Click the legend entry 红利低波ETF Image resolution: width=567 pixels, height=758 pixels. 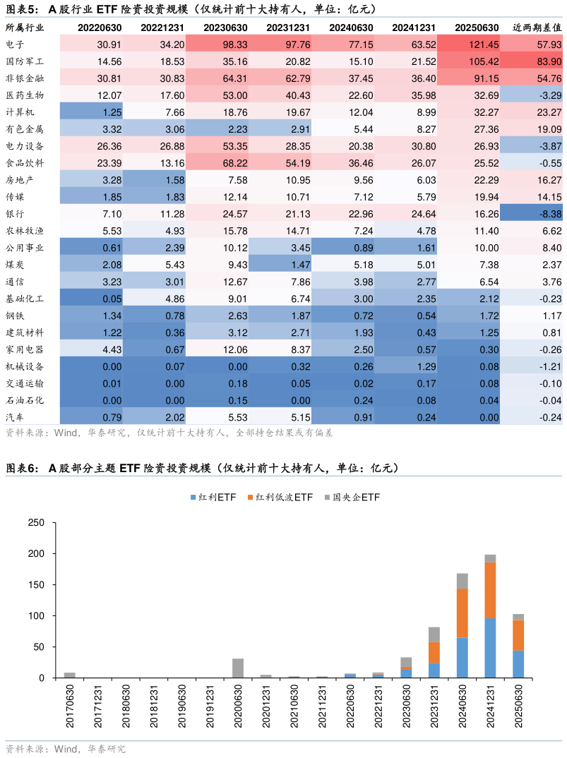pyautogui.click(x=280, y=498)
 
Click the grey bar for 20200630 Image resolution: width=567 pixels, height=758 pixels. pyautogui.click(x=238, y=668)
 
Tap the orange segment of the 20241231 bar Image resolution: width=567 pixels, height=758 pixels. pyautogui.click(x=490, y=590)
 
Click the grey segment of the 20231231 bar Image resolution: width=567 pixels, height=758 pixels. pyautogui.click(x=434, y=634)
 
